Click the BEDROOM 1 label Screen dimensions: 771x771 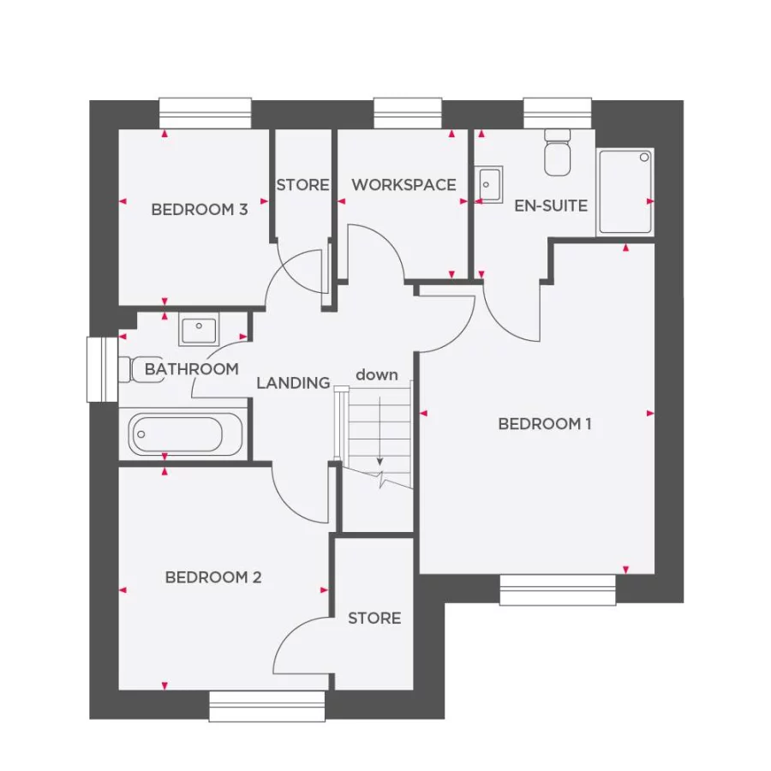(545, 424)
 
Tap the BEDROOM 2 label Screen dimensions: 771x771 (213, 577)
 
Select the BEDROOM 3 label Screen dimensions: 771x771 (200, 209)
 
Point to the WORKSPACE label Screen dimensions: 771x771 (403, 185)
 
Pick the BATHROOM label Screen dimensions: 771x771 (191, 369)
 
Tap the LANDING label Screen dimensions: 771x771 (293, 383)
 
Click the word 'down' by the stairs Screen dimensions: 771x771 (377, 374)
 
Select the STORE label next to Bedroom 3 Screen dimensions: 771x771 (302, 185)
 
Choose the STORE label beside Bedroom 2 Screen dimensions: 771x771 (374, 618)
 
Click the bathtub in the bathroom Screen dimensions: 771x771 (187, 433)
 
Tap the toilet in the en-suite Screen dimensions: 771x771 (558, 152)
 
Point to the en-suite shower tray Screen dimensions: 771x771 (625, 192)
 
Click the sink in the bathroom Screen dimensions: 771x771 (200, 328)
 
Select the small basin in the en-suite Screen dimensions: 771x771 (490, 183)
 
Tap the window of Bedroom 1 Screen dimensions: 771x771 (558, 589)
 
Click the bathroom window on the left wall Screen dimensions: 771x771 (101, 369)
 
